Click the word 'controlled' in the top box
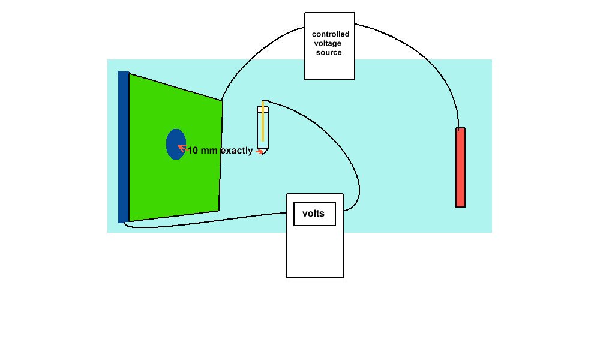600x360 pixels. point(331,34)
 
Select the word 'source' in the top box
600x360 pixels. point(329,52)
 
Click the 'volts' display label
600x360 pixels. point(314,214)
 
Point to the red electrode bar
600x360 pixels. point(461,167)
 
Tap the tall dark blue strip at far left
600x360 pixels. point(124,147)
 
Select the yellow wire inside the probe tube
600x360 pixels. point(263,123)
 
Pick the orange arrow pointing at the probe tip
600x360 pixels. point(259,152)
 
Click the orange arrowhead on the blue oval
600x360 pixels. point(181,148)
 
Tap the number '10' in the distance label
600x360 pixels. point(193,151)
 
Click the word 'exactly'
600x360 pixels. point(236,151)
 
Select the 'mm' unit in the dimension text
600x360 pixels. point(209,151)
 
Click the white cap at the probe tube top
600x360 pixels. point(263,109)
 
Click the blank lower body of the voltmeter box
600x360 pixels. point(315,252)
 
